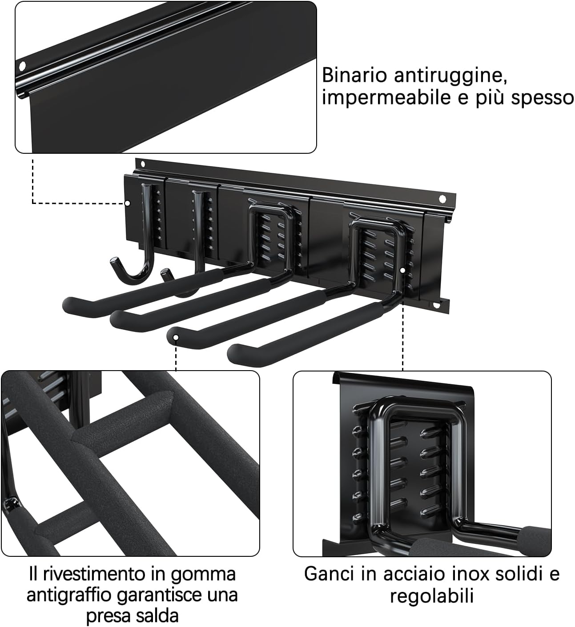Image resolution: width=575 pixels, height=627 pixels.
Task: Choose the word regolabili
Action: click(x=431, y=595)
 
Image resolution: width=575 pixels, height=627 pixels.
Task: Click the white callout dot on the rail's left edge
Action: click(x=127, y=203)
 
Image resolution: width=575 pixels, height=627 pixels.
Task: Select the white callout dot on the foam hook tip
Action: click(x=176, y=337)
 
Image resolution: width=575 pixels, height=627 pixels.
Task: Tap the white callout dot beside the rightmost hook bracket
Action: click(x=402, y=270)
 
